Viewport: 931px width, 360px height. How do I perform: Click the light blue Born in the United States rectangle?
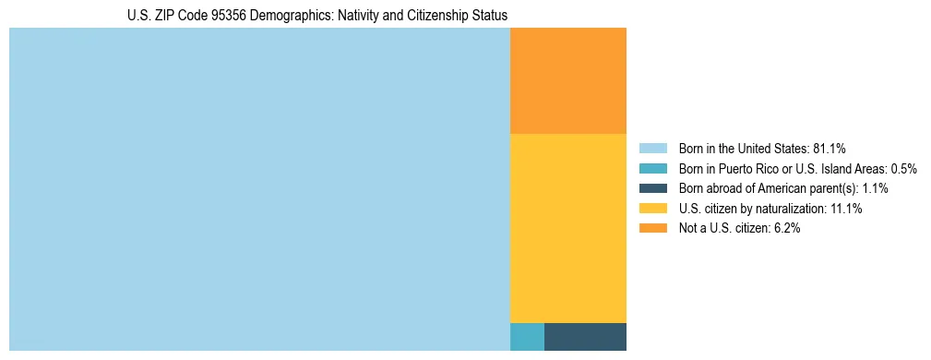pos(259,189)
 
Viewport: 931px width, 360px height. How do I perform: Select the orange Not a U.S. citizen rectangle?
pos(568,81)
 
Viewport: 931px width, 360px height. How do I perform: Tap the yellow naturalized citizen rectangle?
pos(568,228)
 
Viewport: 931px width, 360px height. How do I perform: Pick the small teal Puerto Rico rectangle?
pos(527,337)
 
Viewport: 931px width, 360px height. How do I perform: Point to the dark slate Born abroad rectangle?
pos(585,337)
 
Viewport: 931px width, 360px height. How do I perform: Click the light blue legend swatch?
pos(652,148)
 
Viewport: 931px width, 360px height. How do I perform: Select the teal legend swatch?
pos(652,168)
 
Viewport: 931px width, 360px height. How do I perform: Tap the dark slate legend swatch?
pos(652,188)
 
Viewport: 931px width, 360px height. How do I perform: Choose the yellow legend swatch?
pos(652,209)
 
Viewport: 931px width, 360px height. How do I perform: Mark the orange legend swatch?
pos(652,229)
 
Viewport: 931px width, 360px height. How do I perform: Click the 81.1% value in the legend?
pos(829,148)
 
